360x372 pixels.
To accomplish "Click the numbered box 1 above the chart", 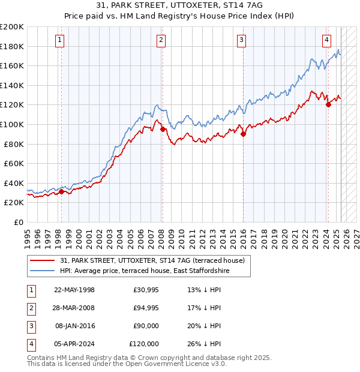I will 61,40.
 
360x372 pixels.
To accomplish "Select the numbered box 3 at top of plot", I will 241,40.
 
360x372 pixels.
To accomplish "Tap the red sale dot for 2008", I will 163,129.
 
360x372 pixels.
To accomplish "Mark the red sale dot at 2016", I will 243,134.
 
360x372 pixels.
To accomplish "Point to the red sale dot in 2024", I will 328,105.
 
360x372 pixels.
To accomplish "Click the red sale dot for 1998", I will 61,192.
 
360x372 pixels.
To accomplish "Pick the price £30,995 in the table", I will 144,290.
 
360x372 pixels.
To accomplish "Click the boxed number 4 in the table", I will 29,344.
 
